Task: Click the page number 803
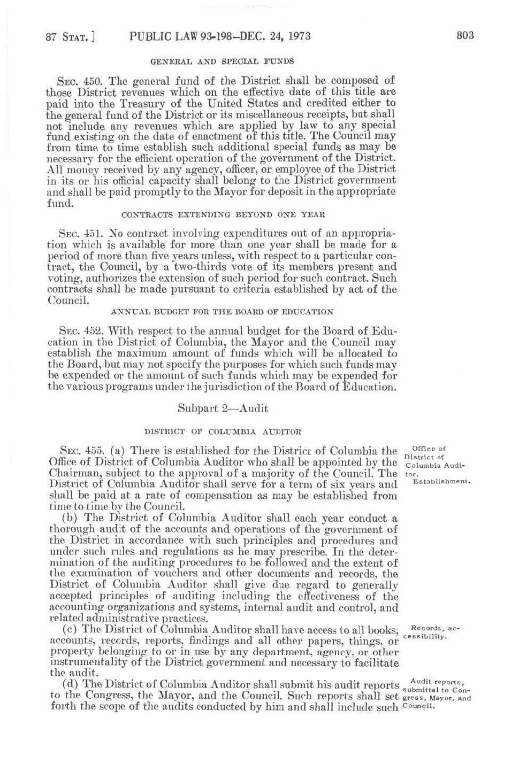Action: (465, 36)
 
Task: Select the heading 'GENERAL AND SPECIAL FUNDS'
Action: (222, 61)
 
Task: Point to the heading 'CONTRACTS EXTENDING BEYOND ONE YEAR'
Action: (223, 215)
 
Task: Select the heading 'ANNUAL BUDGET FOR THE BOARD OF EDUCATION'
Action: (222, 312)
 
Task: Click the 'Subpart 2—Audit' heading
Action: (223, 408)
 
